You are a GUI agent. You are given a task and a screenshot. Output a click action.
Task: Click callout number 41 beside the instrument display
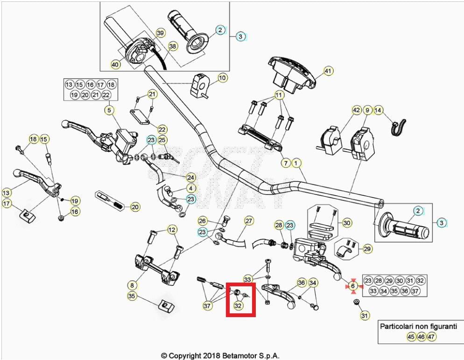(x=329, y=71)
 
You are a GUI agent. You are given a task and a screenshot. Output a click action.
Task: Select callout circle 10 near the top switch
(x=222, y=77)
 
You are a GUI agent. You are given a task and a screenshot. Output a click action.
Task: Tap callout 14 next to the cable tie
(x=379, y=111)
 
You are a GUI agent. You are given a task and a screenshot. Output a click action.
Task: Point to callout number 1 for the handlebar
(x=295, y=163)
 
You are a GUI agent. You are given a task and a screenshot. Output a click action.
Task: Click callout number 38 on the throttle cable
(x=173, y=47)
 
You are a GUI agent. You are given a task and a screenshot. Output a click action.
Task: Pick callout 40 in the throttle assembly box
(x=115, y=65)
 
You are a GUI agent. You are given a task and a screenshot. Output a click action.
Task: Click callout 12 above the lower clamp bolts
(x=172, y=229)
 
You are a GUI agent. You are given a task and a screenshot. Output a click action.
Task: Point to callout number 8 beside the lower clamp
(x=132, y=284)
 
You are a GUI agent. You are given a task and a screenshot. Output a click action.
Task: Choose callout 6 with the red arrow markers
(x=353, y=286)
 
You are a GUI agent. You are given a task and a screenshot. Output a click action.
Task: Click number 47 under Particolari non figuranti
(x=432, y=337)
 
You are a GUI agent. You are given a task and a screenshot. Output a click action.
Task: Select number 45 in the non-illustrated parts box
(x=411, y=337)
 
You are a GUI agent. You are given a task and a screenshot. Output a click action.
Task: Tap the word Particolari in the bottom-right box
(x=397, y=326)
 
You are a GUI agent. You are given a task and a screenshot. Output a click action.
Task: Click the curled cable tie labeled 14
(x=399, y=126)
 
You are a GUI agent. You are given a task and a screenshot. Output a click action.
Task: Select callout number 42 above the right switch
(x=357, y=111)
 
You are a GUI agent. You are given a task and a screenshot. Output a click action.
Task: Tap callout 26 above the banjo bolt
(x=202, y=221)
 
